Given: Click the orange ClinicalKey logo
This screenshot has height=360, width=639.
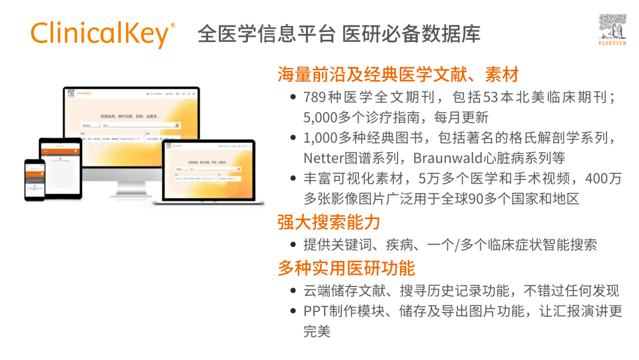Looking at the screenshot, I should (x=102, y=34).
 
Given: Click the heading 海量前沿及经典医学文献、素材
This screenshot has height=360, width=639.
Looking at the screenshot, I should (x=398, y=75).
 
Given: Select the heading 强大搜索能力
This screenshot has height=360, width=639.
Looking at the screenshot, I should (x=329, y=223).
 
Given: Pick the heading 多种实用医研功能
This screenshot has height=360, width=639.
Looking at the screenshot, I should (x=346, y=268).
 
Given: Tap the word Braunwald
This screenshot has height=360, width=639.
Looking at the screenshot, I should (x=444, y=158).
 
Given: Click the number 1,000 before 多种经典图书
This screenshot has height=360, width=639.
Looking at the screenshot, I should (x=320, y=138).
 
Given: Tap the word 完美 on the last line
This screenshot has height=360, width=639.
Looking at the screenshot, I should (x=317, y=332).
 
